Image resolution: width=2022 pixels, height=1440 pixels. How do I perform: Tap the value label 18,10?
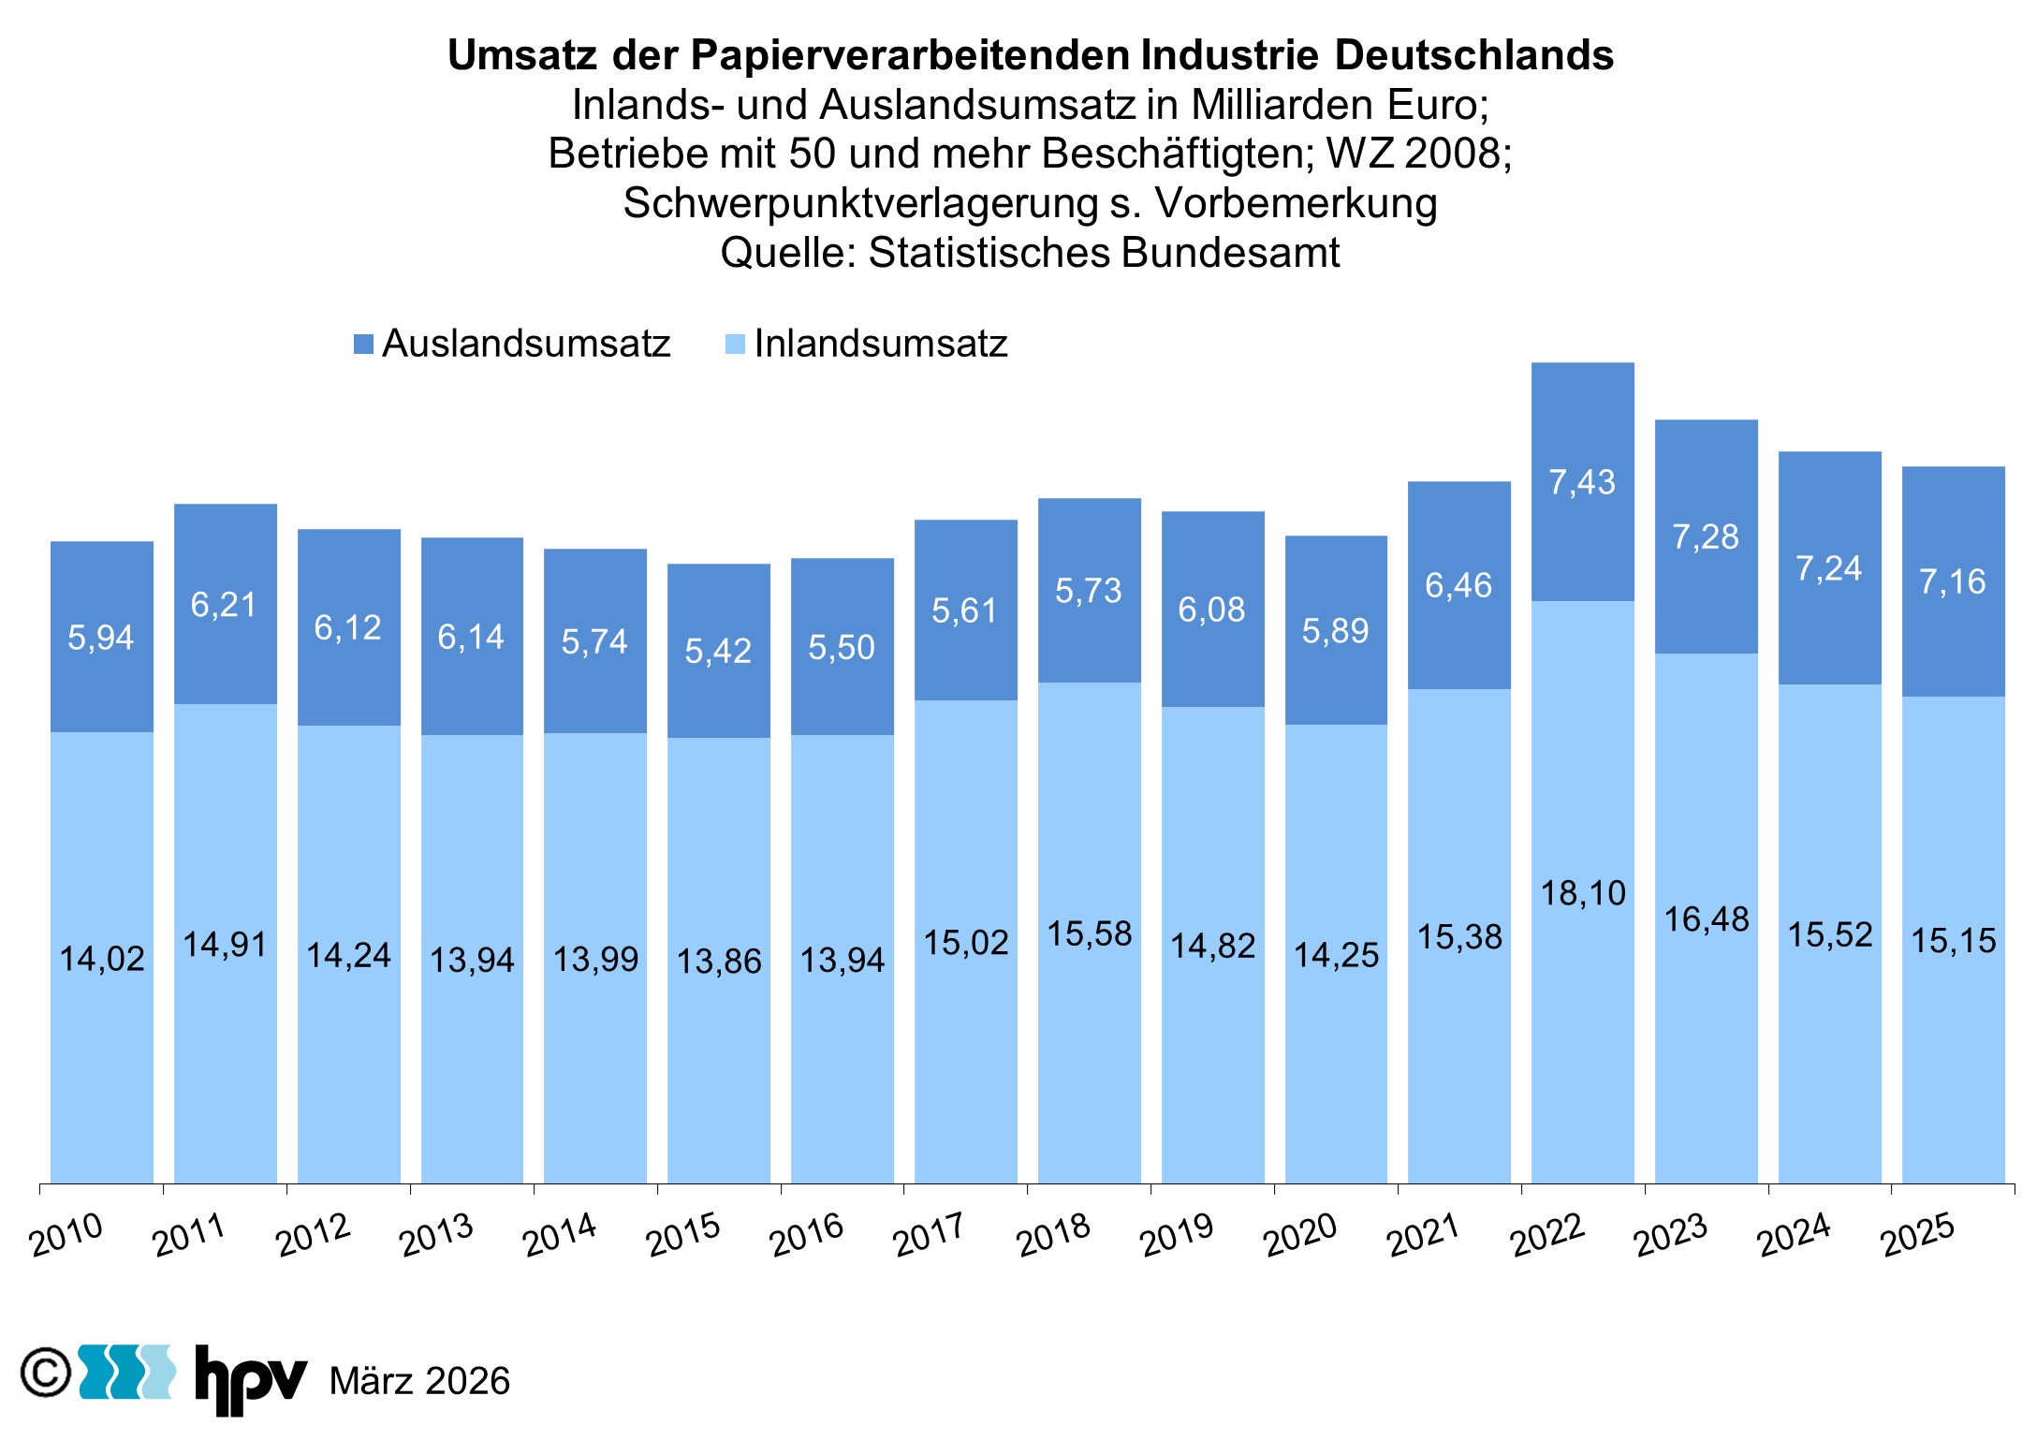[1583, 893]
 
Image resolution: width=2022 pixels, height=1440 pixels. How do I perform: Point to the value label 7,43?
[1582, 482]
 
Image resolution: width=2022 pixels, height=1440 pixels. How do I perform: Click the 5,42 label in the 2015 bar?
[718, 651]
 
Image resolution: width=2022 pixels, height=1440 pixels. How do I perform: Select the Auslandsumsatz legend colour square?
[363, 345]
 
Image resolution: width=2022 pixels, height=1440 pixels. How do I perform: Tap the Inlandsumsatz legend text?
[880, 344]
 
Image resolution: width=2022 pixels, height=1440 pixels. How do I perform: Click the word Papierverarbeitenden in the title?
[910, 55]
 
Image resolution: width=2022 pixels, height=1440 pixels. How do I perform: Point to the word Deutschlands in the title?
[1473, 55]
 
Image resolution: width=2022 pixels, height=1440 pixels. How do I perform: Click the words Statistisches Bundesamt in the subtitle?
[1104, 253]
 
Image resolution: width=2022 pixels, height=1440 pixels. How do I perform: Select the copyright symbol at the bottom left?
[45, 1373]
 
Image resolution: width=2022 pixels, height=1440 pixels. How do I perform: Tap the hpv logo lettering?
[250, 1378]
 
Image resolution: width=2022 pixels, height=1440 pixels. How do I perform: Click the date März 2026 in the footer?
[419, 1381]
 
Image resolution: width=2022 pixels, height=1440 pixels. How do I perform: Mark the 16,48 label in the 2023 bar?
[1706, 919]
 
